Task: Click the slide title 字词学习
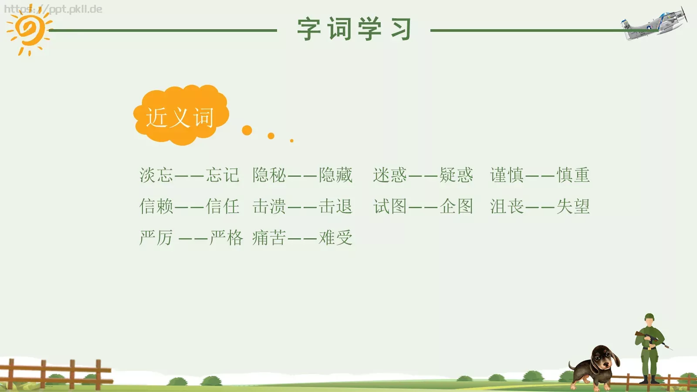coord(354,29)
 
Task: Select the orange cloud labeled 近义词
coord(180,115)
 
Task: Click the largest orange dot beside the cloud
coord(247,130)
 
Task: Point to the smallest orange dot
coord(292,141)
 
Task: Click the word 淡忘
coord(156,175)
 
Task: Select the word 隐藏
coord(335,175)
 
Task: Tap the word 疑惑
coord(456,175)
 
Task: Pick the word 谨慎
coord(507,175)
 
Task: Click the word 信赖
coord(156,206)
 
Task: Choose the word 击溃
coord(269,206)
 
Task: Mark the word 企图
coord(456,206)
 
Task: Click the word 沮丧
coord(507,206)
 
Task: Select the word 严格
coord(226,238)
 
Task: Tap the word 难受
coord(335,238)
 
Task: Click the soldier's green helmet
coord(649,317)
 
